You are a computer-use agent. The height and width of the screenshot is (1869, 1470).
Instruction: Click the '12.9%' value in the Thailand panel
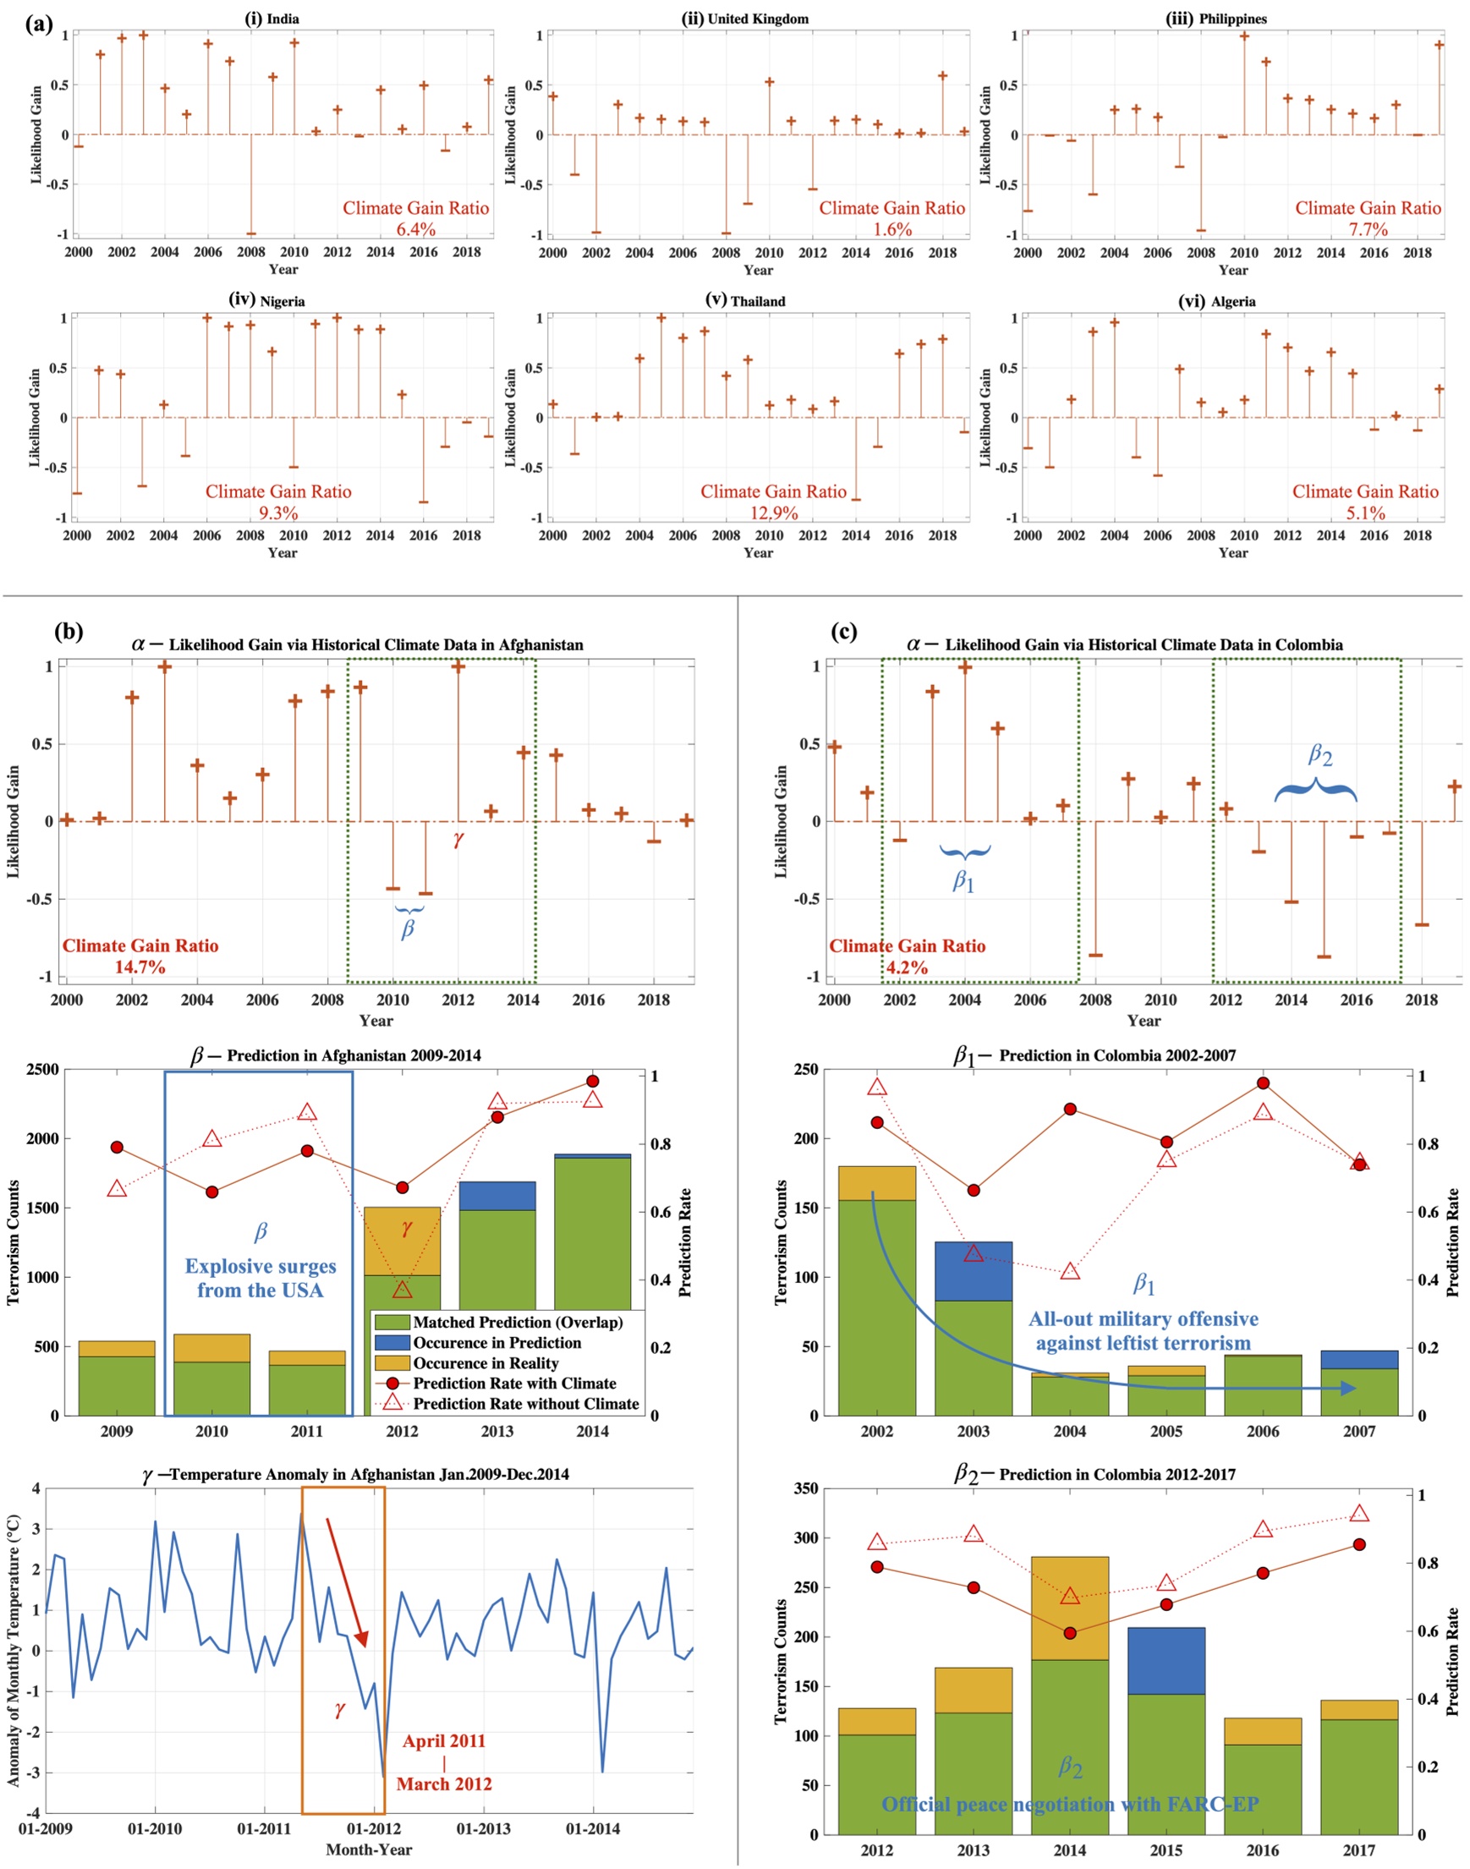(x=773, y=513)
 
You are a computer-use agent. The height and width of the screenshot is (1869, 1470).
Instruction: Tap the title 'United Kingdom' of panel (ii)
(x=757, y=19)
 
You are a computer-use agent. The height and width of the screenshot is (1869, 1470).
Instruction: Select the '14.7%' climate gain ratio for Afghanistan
(x=140, y=967)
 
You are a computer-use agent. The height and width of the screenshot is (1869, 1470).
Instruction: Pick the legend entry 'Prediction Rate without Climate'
(x=526, y=1404)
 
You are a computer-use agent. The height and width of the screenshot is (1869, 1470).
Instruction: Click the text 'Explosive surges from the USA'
(x=260, y=1278)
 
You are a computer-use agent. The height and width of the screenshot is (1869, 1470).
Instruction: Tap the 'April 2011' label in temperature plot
(x=444, y=1740)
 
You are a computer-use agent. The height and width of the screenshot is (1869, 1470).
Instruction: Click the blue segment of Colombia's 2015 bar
(x=1166, y=1660)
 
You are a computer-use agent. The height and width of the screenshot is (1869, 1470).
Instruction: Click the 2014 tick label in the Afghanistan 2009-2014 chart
(x=592, y=1431)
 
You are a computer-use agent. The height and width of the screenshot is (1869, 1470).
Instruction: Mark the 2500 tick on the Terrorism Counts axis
(x=46, y=1070)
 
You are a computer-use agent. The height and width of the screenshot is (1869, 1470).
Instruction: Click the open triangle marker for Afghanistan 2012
(x=402, y=1289)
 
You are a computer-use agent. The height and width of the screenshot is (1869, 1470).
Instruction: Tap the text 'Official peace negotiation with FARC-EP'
(x=1070, y=1805)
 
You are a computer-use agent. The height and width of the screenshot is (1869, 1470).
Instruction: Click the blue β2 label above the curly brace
(x=1319, y=754)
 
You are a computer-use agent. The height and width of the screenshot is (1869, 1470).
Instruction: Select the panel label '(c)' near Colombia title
(x=843, y=633)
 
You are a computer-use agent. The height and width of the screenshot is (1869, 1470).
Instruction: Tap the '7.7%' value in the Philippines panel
(x=1368, y=230)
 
